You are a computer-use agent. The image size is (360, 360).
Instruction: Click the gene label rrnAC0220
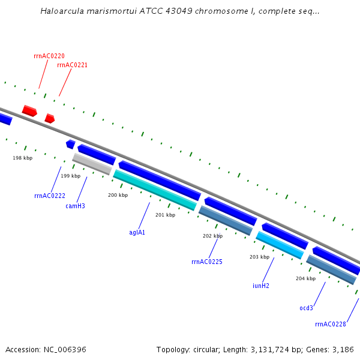[x=49, y=56]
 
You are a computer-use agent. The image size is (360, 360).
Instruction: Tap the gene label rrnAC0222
[x=50, y=196]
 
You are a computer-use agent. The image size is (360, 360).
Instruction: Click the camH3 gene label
[x=75, y=206]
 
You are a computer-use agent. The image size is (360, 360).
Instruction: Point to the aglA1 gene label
[x=137, y=232]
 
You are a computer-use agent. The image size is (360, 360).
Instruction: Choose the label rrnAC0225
[x=207, y=262]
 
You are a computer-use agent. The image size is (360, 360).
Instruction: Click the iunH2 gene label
[x=261, y=286]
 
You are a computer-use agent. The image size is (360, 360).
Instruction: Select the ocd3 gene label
[x=307, y=308]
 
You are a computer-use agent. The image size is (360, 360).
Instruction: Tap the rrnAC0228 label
[x=331, y=324]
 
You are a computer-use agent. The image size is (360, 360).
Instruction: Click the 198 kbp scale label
[x=23, y=158]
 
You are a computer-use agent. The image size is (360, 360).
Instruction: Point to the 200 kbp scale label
[x=118, y=195]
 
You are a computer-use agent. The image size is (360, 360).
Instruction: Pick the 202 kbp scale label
[x=212, y=236]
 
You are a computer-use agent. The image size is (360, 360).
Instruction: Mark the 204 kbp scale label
[x=305, y=278]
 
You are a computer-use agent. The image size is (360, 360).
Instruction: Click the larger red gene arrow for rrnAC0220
[x=29, y=111]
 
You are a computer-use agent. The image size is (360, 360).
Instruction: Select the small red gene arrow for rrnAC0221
[x=50, y=118]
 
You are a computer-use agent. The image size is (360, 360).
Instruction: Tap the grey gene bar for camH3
[x=92, y=164]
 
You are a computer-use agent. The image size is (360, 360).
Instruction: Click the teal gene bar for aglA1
[x=155, y=190]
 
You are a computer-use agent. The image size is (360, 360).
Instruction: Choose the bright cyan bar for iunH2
[x=280, y=245]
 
